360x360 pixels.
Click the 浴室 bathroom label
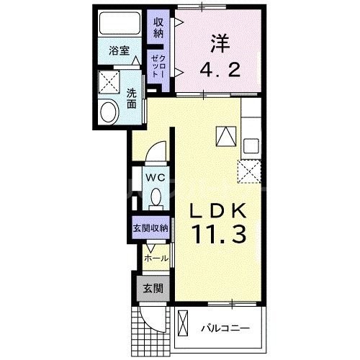pos(119,50)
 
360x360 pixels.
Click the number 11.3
pos(220,234)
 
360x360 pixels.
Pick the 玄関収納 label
pos(150,228)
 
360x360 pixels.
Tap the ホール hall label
pos(156,258)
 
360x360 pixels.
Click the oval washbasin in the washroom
pos(109,112)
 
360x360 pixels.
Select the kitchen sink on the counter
pos(251,144)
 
